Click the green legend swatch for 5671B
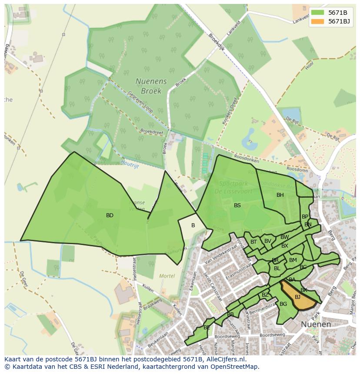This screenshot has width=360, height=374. [x=317, y=12]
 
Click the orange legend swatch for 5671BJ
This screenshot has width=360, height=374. [x=317, y=21]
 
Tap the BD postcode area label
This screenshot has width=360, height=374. [x=110, y=215]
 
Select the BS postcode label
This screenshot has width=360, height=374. [x=237, y=205]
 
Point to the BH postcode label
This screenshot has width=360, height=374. [x=280, y=195]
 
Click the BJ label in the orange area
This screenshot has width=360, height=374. [x=297, y=297]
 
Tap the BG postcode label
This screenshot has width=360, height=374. [x=283, y=304]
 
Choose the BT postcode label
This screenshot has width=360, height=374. [x=253, y=242]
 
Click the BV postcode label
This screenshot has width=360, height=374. [x=267, y=241]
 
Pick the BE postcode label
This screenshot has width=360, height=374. [x=207, y=328]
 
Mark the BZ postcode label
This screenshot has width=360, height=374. [x=265, y=295]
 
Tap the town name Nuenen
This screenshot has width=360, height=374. [x=316, y=324]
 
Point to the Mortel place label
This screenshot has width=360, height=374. [x=167, y=276]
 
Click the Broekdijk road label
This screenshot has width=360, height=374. [x=216, y=42]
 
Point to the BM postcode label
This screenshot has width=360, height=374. [x=293, y=260]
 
